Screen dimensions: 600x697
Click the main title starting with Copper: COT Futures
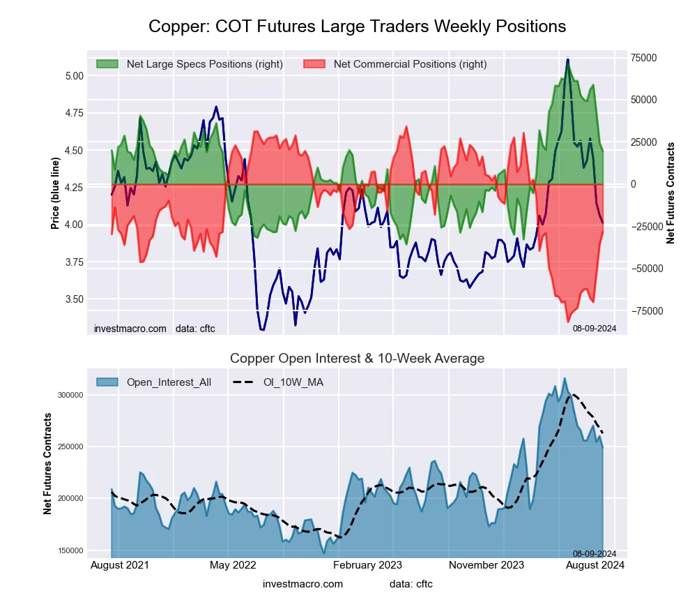coord(357,27)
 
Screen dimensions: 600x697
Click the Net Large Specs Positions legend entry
coord(204,64)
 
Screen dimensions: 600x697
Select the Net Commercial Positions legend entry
coord(410,64)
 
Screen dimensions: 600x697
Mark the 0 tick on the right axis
coord(634,184)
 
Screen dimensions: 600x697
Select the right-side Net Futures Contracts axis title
coord(671,193)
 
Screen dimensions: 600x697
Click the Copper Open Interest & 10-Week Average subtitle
coord(357,359)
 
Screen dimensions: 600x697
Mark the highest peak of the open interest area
coord(565,378)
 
